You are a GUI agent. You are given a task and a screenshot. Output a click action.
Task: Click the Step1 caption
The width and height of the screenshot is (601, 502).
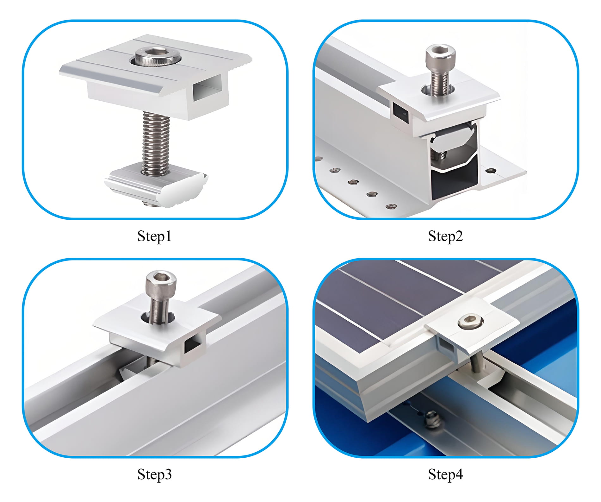[x=154, y=236]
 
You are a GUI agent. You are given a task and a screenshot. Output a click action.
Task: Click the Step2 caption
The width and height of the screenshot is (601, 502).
[x=445, y=236]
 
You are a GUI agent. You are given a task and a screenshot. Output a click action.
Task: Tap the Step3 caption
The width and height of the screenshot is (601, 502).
[x=154, y=474]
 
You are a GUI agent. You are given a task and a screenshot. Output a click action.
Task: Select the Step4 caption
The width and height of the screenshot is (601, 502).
[x=445, y=474]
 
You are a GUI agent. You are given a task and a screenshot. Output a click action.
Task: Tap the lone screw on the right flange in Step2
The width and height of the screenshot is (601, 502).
[x=491, y=171]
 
